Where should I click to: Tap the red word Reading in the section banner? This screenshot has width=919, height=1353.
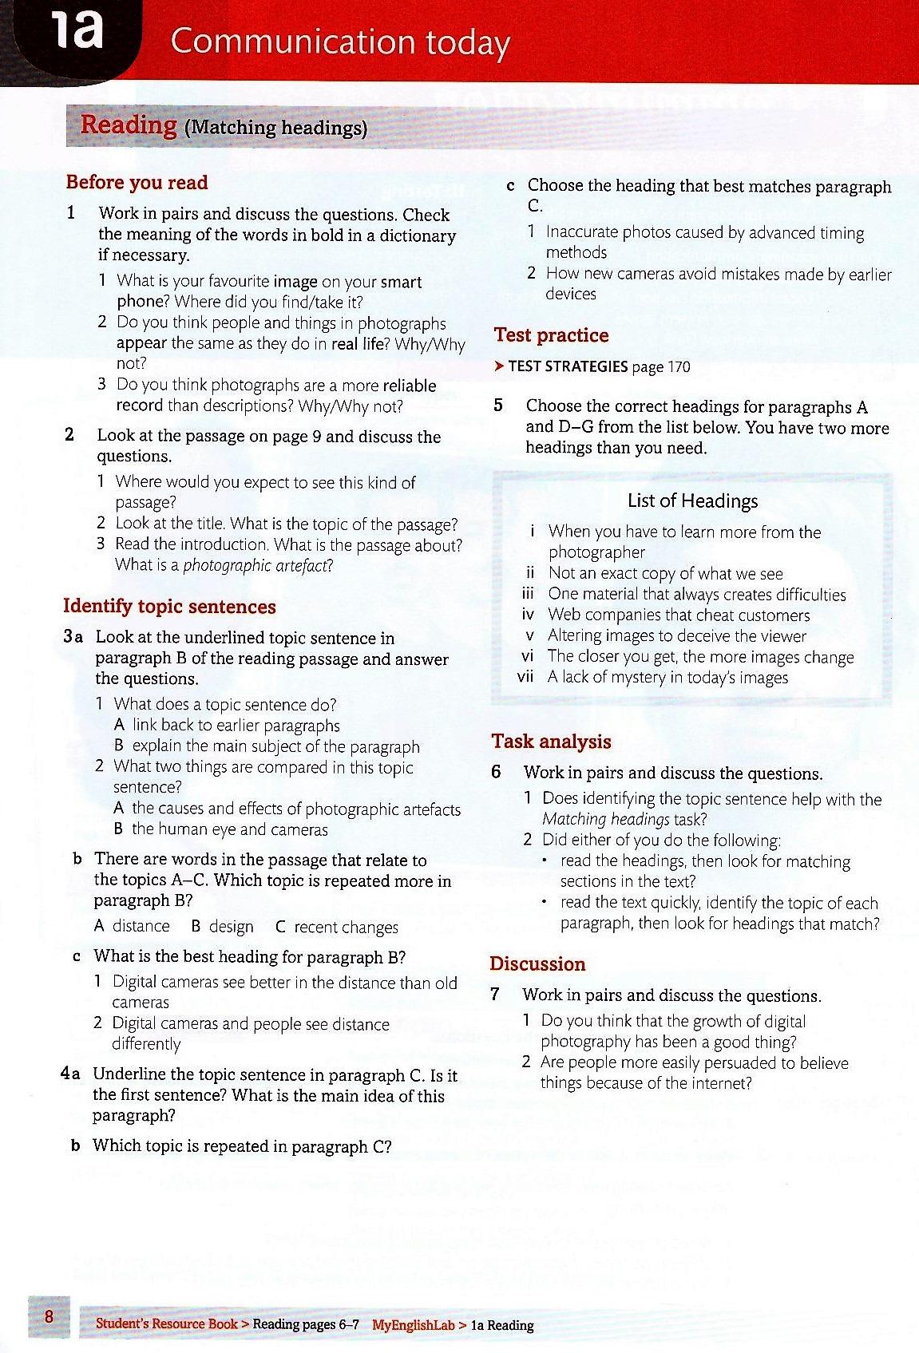point(129,125)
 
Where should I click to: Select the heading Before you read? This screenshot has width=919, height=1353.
point(137,183)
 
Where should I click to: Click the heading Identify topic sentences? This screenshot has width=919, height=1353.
point(169,607)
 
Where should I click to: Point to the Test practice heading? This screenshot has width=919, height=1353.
point(551,335)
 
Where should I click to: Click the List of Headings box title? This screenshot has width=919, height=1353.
point(692,501)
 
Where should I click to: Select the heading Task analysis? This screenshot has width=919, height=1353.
point(551,742)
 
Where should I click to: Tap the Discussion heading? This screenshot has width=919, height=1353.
point(537,964)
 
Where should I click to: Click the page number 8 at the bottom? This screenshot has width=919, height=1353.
point(50,1315)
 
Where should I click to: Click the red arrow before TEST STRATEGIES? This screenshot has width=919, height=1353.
point(498,366)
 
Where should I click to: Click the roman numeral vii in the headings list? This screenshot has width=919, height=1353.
point(525,678)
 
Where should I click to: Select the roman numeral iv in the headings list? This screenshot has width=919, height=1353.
point(527,615)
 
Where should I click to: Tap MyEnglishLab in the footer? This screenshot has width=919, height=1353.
point(413,1325)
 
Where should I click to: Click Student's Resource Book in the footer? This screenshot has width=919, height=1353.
point(166,1323)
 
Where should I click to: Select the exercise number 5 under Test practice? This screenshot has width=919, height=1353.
point(498,406)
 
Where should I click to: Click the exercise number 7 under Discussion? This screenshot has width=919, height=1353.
point(495,995)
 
